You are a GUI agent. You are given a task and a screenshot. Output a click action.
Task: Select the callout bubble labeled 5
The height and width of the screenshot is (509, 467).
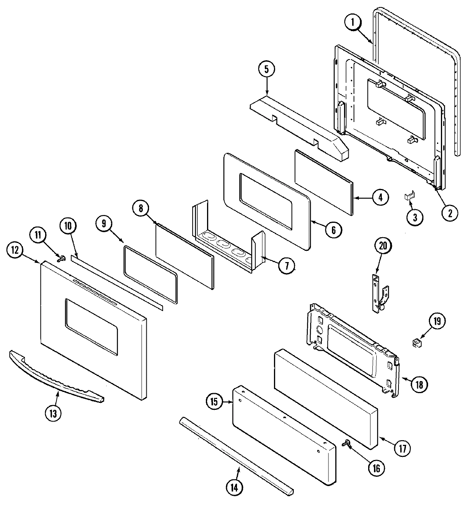tap(267, 70)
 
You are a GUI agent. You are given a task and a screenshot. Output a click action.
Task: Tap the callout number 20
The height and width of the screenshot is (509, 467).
tap(383, 246)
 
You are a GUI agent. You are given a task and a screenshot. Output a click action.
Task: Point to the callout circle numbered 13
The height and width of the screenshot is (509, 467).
tap(53, 413)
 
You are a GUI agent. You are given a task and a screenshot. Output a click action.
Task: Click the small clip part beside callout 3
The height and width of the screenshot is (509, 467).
tap(408, 196)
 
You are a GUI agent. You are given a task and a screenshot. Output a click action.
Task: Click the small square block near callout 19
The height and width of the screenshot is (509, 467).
tap(418, 343)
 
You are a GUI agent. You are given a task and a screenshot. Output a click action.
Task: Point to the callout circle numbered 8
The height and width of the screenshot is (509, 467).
tap(141, 208)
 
